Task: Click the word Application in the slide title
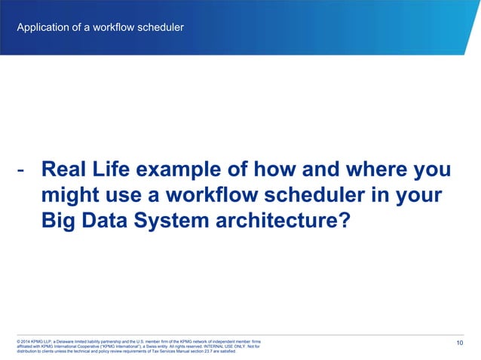(41, 29)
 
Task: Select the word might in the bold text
(67, 197)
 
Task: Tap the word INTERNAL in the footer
(206, 346)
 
